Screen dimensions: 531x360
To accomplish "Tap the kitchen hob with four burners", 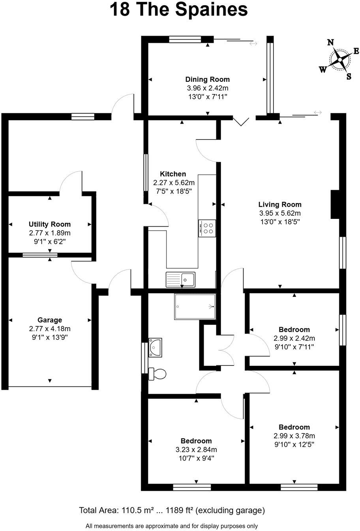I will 207,228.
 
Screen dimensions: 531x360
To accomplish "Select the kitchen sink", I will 180,279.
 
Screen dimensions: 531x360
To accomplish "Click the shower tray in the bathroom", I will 195,306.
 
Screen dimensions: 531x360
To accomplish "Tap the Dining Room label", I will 207,79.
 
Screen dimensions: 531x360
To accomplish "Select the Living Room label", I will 280,205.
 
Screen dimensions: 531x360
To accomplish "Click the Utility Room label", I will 49,224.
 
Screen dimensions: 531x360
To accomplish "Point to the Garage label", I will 50,320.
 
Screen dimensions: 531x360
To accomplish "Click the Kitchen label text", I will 172,174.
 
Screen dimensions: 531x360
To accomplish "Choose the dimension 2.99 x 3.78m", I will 294,436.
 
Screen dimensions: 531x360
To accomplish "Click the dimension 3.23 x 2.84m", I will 196,450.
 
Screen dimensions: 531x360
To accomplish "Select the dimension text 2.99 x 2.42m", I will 294,338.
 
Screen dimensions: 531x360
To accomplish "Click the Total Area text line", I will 172,510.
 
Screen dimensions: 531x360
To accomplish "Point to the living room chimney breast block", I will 335,204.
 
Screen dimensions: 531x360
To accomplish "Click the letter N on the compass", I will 331,43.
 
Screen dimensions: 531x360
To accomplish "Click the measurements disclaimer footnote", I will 172,526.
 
